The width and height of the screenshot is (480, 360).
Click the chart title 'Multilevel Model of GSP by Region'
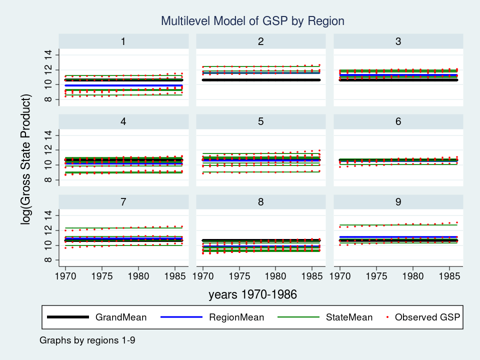pos(252,21)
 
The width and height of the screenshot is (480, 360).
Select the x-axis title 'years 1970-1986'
pos(252,295)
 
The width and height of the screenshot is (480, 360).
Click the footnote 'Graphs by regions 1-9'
pos(87,340)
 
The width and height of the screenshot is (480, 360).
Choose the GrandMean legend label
pos(121,317)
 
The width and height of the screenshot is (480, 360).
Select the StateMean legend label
pos(349,317)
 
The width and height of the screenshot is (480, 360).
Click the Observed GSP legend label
pos(427,317)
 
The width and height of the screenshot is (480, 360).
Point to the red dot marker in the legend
pos(387,317)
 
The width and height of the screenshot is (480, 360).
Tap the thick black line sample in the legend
pos(68,317)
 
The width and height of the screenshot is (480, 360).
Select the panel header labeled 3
pos(398,41)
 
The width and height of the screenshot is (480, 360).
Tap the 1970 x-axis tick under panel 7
pos(65,275)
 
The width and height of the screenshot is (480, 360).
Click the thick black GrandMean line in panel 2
pos(260,79)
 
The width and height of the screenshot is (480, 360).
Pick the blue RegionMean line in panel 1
pos(123,85)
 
